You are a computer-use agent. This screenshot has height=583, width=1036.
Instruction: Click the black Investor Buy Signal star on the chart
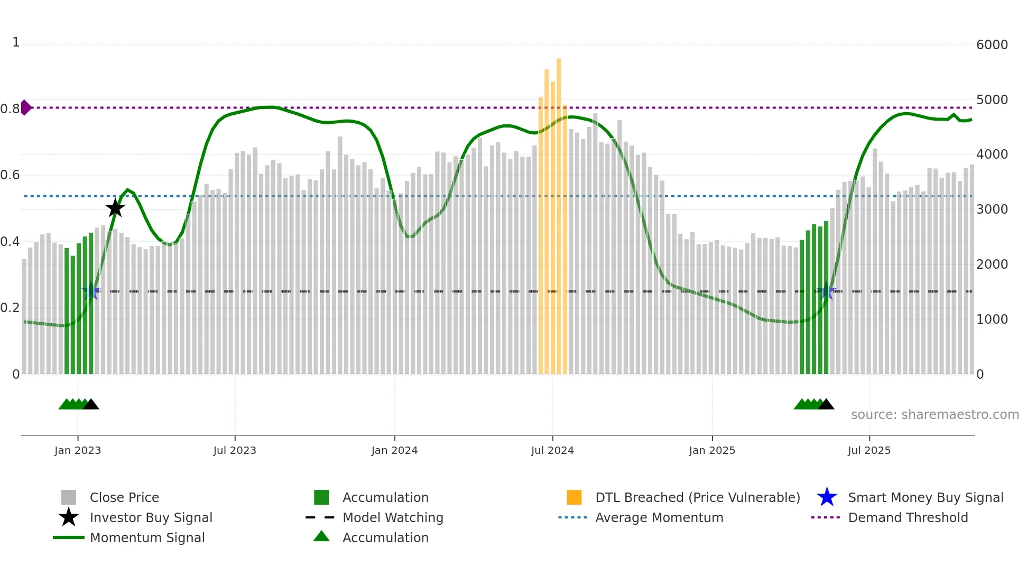point(115,208)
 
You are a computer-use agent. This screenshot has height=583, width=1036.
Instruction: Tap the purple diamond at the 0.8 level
point(25,107)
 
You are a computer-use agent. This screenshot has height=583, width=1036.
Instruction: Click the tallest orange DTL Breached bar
point(559,212)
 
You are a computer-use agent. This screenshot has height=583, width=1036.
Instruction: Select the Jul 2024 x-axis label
point(552,450)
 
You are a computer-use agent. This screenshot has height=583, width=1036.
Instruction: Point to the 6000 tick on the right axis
point(992,45)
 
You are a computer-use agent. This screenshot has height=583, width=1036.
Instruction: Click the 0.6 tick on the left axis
point(11,175)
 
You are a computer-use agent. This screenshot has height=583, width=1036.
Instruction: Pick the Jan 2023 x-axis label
point(78,450)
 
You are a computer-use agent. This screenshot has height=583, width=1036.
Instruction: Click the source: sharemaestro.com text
point(935,415)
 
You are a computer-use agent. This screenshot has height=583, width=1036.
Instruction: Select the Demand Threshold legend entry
point(908,517)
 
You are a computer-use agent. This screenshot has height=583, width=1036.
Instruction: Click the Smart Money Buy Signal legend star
point(827,497)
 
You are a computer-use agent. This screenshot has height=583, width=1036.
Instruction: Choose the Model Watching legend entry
point(392,517)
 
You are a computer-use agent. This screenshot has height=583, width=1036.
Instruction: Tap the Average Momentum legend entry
point(659,517)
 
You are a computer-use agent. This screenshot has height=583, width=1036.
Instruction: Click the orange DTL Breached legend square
point(574,497)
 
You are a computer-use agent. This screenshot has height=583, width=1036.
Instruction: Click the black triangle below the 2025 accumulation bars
point(826,405)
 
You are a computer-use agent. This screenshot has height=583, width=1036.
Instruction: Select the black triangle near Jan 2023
point(91,405)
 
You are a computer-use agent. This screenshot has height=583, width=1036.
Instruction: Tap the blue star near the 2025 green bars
point(826,291)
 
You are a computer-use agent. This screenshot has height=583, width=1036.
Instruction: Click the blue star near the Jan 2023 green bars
point(91,291)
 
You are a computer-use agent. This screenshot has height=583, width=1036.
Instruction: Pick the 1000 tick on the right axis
point(992,320)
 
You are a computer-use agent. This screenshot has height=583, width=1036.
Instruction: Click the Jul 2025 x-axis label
point(869,450)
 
